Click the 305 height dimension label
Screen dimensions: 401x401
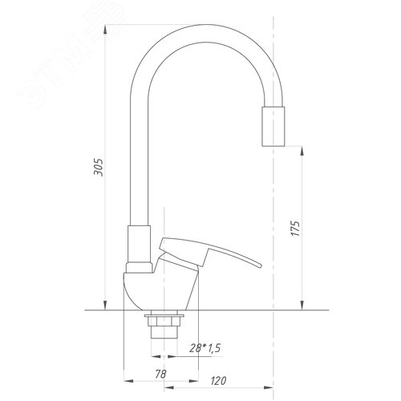[98, 167]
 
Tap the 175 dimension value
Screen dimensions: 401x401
[295, 229]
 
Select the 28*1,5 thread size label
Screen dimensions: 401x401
[205, 348]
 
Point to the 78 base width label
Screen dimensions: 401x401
[160, 374]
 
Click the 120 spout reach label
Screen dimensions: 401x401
[218, 381]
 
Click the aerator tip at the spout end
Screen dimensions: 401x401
[273, 127]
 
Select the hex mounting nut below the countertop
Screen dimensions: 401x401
[164, 322]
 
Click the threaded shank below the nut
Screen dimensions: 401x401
[164, 332]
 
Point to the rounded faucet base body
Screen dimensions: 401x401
[160, 290]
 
